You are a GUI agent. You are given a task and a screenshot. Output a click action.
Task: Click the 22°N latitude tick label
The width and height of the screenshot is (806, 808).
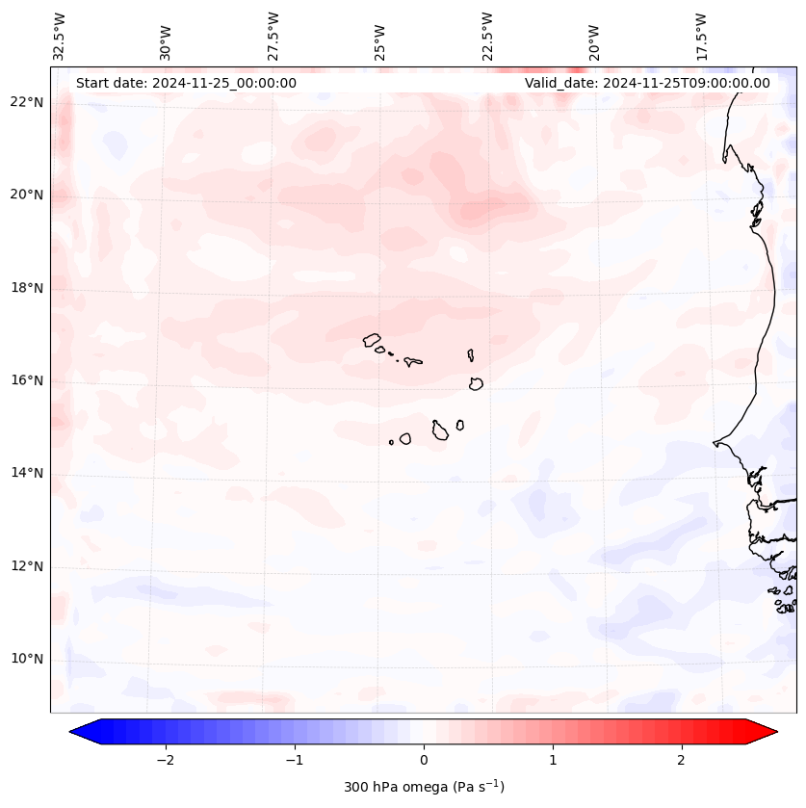27,102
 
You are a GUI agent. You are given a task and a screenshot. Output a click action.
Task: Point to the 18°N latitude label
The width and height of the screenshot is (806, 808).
27,288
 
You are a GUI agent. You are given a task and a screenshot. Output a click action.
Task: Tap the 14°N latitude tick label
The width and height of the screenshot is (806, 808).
27,473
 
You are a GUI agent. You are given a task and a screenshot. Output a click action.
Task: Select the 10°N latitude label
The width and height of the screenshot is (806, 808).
27,659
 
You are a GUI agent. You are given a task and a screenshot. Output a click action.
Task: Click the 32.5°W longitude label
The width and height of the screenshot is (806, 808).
60,37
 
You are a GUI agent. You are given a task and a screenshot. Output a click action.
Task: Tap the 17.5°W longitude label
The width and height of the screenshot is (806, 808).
700,37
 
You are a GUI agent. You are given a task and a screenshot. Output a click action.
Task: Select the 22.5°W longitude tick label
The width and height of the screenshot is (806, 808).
487,37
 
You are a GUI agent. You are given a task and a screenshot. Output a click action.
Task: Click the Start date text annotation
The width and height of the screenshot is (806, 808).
186,83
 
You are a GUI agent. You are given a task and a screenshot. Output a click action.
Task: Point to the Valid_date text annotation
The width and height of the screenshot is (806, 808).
647,83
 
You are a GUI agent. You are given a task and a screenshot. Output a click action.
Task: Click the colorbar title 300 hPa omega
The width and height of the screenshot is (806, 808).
424,787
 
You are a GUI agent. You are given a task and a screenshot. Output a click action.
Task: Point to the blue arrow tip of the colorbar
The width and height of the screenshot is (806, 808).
78,732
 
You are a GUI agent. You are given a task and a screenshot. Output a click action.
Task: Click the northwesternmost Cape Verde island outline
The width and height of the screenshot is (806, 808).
372,339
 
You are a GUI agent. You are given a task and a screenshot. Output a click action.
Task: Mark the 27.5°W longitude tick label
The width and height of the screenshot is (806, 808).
273,37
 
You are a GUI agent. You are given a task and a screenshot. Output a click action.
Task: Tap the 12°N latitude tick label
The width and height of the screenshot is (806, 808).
27,566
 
